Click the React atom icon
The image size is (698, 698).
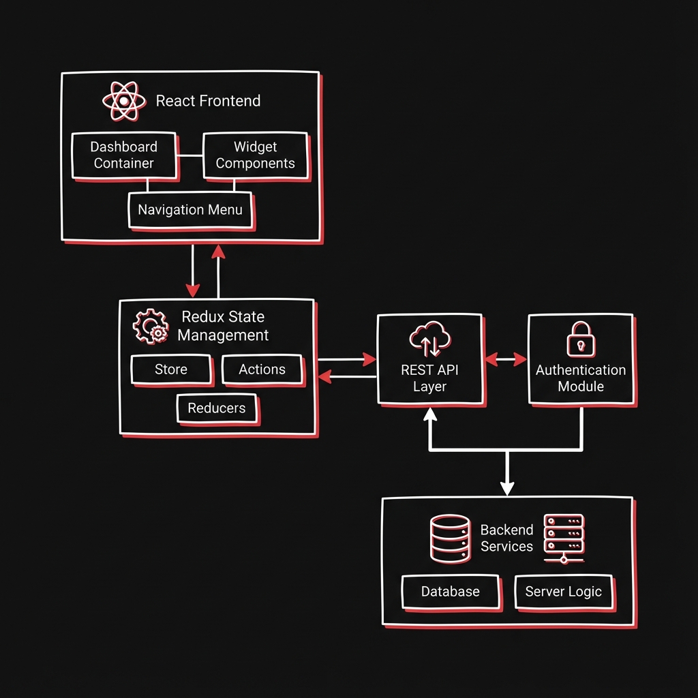pyautogui.click(x=124, y=102)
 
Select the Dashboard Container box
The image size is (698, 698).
pyautogui.click(x=124, y=155)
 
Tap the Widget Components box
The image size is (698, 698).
pyautogui.click(x=256, y=155)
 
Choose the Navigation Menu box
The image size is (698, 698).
pyautogui.click(x=190, y=210)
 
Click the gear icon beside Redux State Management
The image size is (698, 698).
pyautogui.click(x=151, y=326)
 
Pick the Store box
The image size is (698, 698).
pyautogui.click(x=171, y=369)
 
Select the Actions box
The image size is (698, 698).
pyautogui.click(x=262, y=369)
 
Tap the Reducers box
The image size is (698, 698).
pyautogui.click(x=216, y=408)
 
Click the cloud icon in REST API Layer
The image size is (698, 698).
pyautogui.click(x=430, y=339)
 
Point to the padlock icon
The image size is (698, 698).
pyautogui.click(x=580, y=338)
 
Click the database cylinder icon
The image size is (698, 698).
pyautogui.click(x=450, y=538)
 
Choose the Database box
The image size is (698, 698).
pyautogui.click(x=450, y=592)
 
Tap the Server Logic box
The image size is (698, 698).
pyautogui.click(x=563, y=591)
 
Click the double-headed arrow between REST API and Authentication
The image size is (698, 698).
pyautogui.click(x=505, y=358)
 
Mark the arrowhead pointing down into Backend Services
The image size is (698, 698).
pyautogui.click(x=506, y=488)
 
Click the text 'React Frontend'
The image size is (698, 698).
pyautogui.click(x=208, y=101)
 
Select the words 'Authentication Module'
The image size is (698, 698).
pyautogui.click(x=581, y=378)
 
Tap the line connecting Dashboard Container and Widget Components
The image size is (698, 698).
pyautogui.click(x=190, y=155)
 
